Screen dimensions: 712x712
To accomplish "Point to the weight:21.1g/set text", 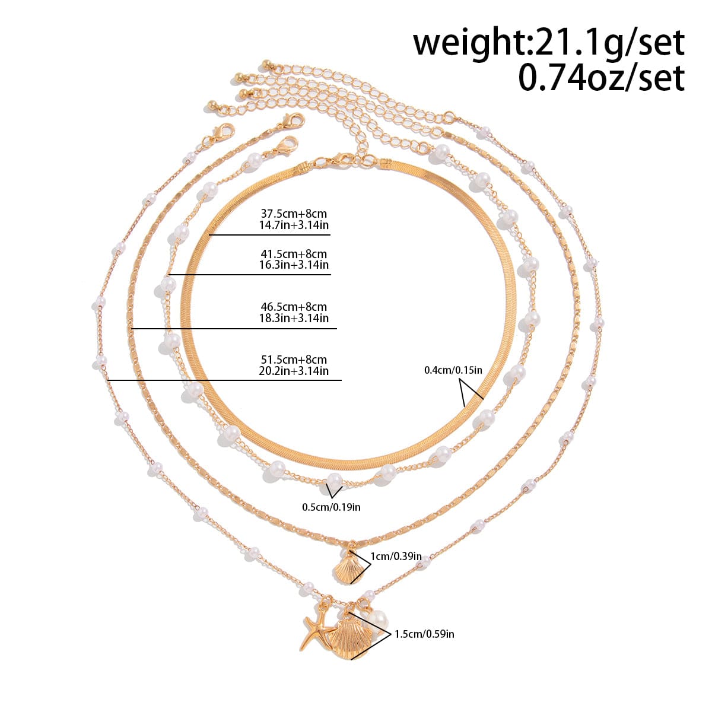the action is (x=549, y=43).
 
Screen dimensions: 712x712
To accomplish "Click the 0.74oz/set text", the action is (x=601, y=78).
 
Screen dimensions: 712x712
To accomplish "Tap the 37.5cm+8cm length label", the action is (x=294, y=214).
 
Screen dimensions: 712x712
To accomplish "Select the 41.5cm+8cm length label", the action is (x=294, y=254).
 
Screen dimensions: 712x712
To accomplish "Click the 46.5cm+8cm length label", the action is (x=294, y=307).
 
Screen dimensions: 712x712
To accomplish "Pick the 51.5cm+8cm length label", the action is (x=294, y=360).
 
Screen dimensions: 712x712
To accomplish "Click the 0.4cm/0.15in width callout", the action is (x=453, y=370).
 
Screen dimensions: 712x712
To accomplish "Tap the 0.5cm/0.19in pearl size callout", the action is (x=331, y=507).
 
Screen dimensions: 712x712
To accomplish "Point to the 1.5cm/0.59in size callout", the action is (x=425, y=634).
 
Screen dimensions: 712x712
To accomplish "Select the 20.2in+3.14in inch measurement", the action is (x=294, y=371).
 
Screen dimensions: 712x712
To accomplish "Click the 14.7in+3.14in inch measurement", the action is (x=294, y=225).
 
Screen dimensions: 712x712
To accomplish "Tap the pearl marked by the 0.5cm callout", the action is (x=333, y=479).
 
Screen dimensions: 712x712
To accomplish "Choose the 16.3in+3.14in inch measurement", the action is (x=294, y=265).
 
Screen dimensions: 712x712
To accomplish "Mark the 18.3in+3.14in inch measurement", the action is (x=294, y=318).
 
